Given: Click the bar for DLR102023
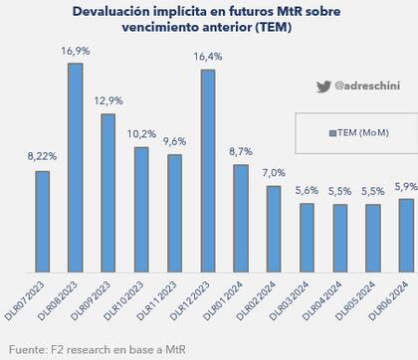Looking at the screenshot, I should [x=140, y=209].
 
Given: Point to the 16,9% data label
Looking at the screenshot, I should [x=75, y=52].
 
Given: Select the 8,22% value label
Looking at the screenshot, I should [x=41, y=157].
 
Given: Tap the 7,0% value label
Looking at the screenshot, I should [x=273, y=173].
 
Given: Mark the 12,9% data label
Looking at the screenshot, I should [x=107, y=101].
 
